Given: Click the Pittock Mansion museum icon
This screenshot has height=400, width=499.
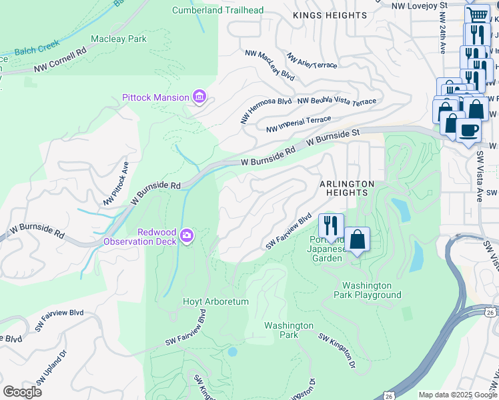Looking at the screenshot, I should click(199, 97).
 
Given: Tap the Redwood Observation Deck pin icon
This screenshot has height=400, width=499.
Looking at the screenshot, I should click(187, 235).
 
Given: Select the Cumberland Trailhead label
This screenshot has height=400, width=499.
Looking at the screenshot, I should click(217, 10).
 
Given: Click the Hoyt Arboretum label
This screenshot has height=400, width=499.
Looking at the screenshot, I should click(215, 301).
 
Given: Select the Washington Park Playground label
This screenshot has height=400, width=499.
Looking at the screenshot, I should click(368, 290).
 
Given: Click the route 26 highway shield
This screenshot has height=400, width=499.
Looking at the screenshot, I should click(490, 312).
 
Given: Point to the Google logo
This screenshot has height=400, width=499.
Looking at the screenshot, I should click(23, 391).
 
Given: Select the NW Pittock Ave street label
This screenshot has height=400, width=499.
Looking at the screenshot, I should click(115, 183).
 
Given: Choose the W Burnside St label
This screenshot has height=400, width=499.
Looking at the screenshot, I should click(333, 138).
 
